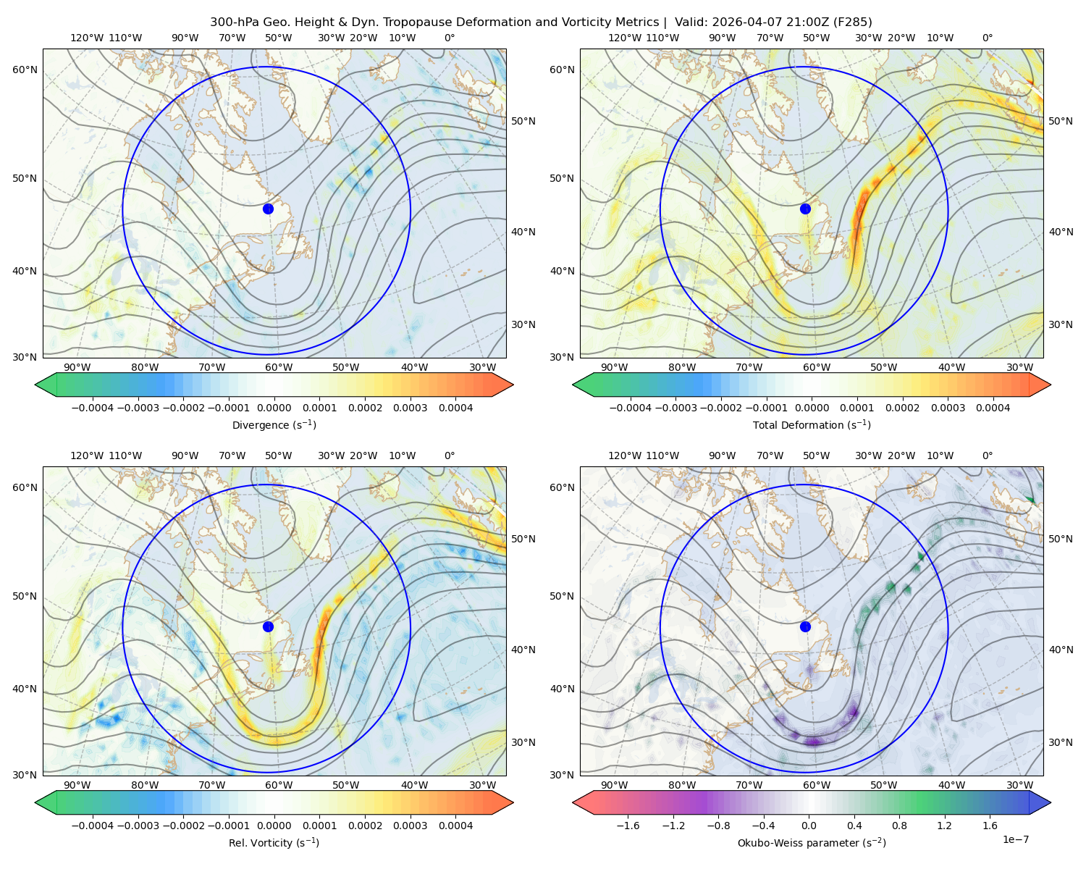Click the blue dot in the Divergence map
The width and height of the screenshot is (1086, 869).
point(268,209)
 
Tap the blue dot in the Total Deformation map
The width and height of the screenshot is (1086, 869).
point(805,209)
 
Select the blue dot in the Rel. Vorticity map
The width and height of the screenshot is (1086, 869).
point(268,626)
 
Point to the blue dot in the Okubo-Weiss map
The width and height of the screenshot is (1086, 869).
point(805,626)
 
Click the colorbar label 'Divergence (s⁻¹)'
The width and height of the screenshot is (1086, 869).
point(274,424)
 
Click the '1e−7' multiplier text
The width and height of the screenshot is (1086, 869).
point(1015,839)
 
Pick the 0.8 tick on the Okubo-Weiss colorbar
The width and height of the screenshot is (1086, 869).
point(899,826)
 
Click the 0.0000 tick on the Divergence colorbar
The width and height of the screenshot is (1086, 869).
point(274,408)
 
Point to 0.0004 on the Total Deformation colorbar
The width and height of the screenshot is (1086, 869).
point(993,408)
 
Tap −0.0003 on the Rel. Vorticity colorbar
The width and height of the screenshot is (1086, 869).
point(138,826)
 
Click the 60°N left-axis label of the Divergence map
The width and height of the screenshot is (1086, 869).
point(25,70)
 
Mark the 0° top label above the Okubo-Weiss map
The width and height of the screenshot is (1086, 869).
point(987,456)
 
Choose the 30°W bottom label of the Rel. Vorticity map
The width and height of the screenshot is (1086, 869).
point(482,785)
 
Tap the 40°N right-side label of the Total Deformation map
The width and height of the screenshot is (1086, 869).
point(1061,232)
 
